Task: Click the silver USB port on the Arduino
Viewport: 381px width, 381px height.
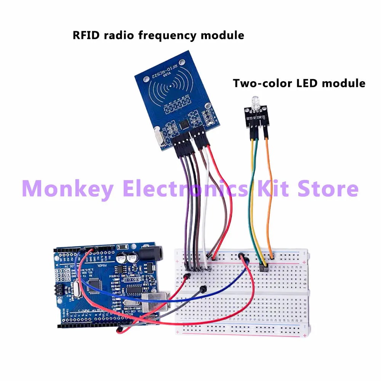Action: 152,303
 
